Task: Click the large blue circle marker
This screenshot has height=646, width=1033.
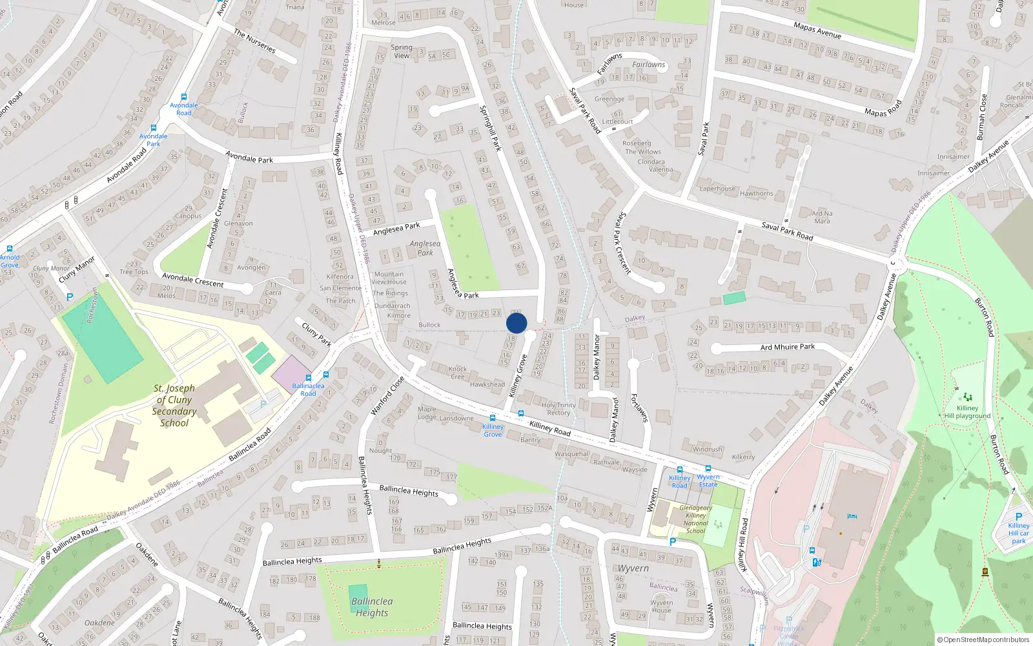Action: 516,323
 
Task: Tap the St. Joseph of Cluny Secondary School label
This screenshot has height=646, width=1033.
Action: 174,406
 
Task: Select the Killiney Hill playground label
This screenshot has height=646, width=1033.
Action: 967,412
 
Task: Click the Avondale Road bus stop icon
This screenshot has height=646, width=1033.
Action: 184,97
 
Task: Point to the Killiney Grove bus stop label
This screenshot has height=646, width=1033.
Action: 493,430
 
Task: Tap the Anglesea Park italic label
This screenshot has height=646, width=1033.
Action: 425,248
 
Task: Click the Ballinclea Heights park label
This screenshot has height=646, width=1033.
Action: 372,607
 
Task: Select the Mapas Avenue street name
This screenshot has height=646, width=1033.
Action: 817,30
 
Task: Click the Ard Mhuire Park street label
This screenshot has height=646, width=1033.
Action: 787,347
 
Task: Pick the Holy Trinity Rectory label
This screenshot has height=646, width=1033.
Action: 558,409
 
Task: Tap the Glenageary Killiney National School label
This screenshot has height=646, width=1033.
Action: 695,519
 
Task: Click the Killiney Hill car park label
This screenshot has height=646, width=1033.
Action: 1018,533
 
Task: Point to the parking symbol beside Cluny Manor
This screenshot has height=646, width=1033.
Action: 70,297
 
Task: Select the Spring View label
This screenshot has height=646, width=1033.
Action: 401,51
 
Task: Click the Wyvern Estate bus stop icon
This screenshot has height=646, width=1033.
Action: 708,469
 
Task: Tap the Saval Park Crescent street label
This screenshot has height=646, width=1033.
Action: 622,243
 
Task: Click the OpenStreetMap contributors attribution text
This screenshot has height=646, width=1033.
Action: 983,640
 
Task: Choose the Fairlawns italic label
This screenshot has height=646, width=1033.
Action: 648,65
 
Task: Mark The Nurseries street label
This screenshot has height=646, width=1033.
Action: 254,41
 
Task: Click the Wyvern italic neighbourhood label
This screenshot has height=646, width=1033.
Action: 633,568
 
